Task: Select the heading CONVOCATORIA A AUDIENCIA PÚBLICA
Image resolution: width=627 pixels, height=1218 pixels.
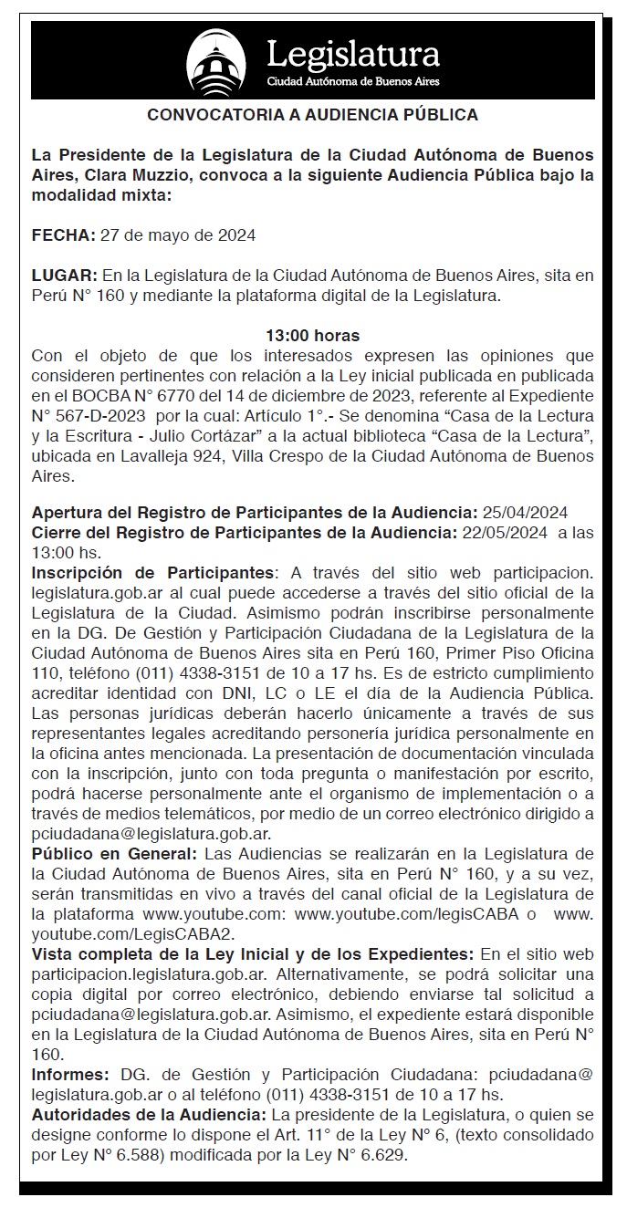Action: coord(313,116)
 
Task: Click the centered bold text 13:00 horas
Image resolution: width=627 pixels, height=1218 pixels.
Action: coord(312,336)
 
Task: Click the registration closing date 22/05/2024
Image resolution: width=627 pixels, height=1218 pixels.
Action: coord(503,533)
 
